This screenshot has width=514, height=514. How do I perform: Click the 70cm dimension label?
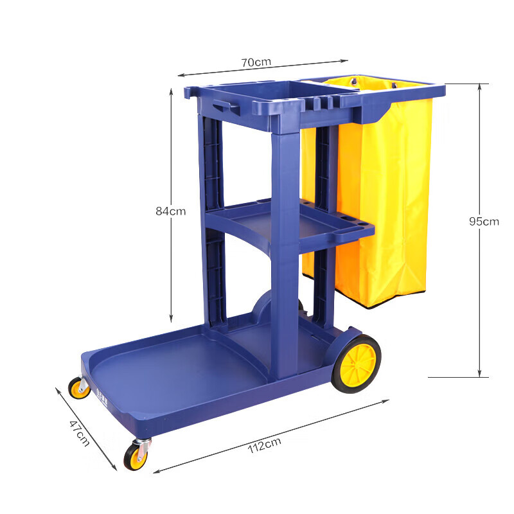tap(256, 62)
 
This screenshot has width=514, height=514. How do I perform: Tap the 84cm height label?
tap(170, 211)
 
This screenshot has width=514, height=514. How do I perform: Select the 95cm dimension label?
tap(483, 222)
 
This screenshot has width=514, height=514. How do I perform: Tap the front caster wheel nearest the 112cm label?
tap(136, 456)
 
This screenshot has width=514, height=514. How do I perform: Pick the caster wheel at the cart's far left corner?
tap(80, 388)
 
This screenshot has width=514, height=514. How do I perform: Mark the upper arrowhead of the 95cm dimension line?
tap(479, 86)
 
